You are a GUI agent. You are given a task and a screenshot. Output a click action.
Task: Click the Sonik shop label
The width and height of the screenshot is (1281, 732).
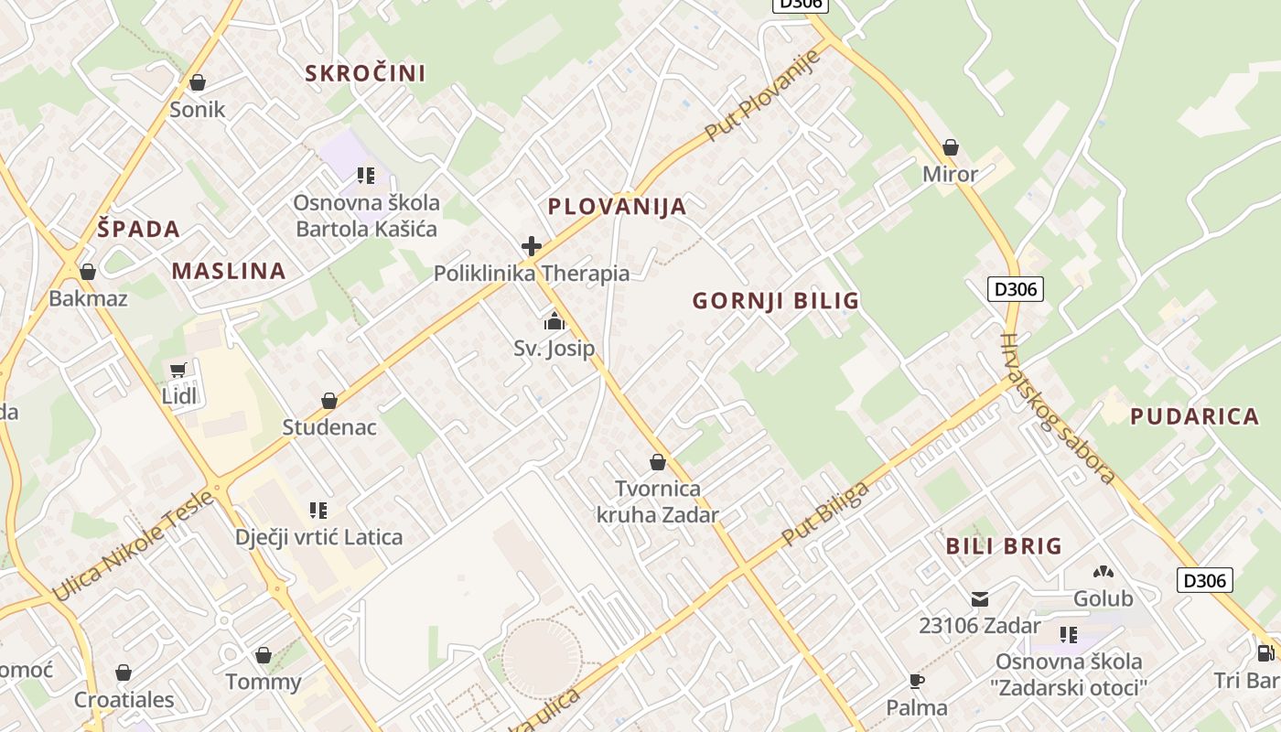pyautogui.click(x=197, y=110)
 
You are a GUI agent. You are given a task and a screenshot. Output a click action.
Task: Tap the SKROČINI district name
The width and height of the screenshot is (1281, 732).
pyautogui.click(x=365, y=73)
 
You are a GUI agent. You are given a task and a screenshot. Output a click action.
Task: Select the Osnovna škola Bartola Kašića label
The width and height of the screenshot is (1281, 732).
pyautogui.click(x=366, y=215)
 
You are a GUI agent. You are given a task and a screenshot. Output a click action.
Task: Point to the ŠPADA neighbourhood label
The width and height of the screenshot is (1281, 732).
pyautogui.click(x=138, y=229)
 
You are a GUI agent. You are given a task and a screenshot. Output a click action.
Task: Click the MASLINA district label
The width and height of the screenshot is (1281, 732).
pyautogui.click(x=229, y=271)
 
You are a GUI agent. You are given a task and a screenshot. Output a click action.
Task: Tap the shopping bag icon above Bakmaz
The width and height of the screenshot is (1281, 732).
pyautogui.click(x=88, y=272)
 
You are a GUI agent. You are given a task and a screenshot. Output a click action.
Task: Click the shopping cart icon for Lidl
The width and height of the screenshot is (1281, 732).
pyautogui.click(x=178, y=371)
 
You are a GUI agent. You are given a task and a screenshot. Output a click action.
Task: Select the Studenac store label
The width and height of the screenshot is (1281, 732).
pyautogui.click(x=329, y=427)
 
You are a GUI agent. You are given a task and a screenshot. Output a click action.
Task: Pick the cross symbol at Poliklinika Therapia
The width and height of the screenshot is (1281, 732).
pyautogui.click(x=532, y=246)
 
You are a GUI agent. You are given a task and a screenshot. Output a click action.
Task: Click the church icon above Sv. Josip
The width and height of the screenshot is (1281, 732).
pyautogui.click(x=554, y=321)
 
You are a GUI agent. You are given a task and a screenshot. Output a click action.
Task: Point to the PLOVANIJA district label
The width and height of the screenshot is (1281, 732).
pyautogui.click(x=617, y=207)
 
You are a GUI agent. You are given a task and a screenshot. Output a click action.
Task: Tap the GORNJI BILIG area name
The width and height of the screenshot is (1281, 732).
pyautogui.click(x=775, y=301)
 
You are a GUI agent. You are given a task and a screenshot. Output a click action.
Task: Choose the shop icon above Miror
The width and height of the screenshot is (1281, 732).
pyautogui.click(x=951, y=147)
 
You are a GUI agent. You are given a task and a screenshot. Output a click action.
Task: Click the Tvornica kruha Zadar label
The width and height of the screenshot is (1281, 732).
pyautogui.click(x=657, y=501)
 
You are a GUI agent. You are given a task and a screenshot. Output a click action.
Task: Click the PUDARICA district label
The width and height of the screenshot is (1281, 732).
pyautogui.click(x=1194, y=417)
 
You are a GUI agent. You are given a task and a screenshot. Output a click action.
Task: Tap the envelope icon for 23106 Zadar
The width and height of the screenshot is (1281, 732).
pyautogui.click(x=980, y=599)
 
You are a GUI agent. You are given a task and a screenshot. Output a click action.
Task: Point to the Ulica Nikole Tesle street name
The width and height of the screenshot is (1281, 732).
pyautogui.click(x=134, y=547)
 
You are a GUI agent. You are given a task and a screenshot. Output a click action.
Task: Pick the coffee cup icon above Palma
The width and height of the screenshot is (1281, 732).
pyautogui.click(x=917, y=681)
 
